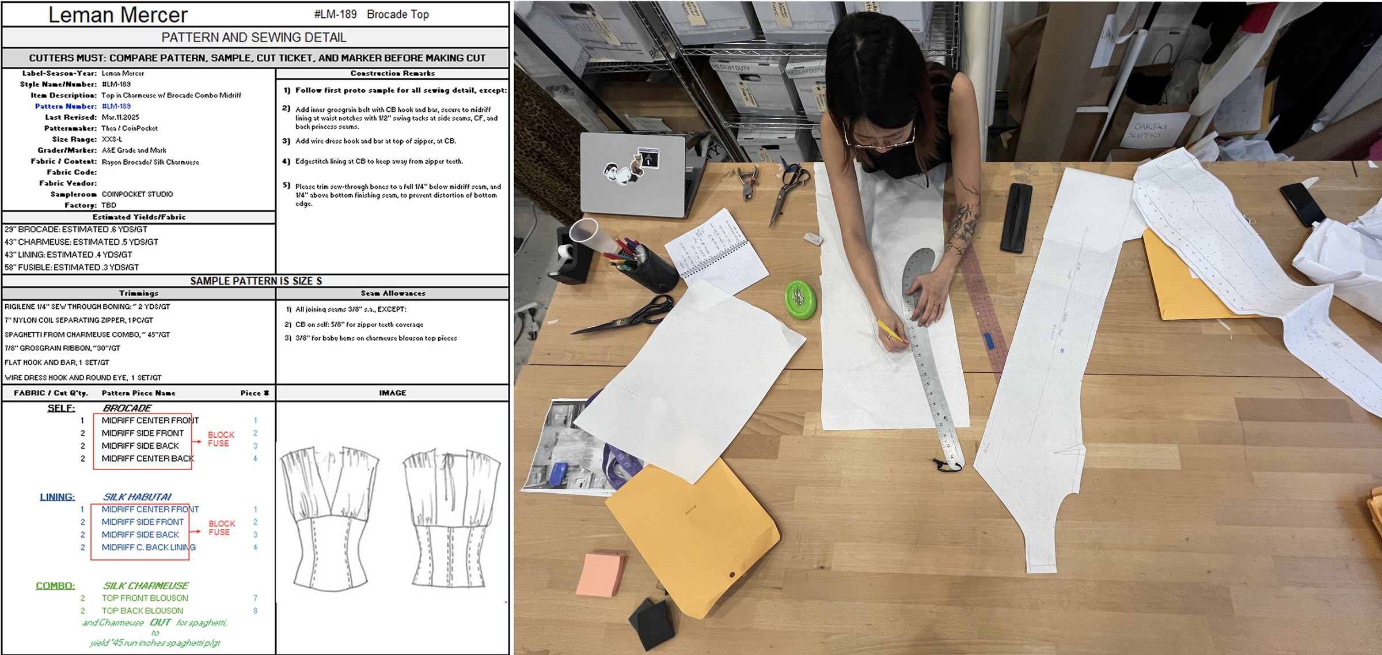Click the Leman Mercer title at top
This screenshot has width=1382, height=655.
click(118, 14)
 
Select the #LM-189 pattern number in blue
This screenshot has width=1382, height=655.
click(116, 106)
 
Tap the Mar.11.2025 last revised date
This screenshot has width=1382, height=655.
click(120, 117)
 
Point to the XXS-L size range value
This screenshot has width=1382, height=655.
click(112, 139)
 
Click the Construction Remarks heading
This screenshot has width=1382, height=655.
click(392, 73)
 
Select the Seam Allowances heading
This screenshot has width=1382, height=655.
click(393, 293)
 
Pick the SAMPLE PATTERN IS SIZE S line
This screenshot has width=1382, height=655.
click(256, 281)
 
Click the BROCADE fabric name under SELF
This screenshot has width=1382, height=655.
click(127, 408)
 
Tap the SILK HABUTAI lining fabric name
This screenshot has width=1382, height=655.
click(137, 497)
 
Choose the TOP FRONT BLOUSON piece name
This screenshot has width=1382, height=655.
click(145, 598)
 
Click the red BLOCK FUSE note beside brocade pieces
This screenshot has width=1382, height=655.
click(221, 439)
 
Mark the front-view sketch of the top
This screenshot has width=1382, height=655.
click(329, 518)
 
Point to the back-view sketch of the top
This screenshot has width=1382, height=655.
click(451, 518)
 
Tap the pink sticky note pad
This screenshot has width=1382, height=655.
click(601, 574)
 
